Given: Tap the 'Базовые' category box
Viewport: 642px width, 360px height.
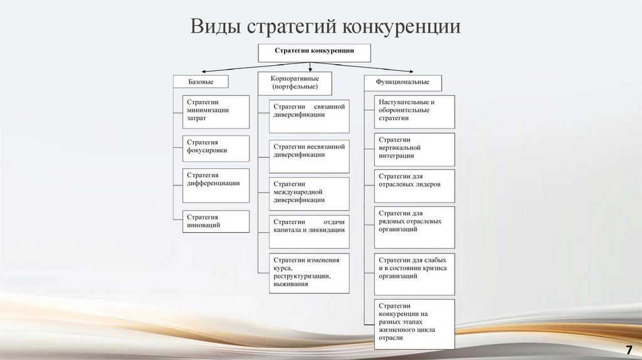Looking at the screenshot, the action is (x=201, y=82).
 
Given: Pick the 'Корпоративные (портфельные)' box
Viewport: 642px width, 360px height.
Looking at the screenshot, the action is (x=295, y=83).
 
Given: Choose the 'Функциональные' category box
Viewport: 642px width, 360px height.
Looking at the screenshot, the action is (x=403, y=82).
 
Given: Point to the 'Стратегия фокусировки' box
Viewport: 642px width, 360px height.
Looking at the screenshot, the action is (x=216, y=149).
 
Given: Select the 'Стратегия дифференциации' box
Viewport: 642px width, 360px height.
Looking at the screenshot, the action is (x=216, y=185).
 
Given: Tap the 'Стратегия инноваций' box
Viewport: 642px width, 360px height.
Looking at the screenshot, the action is (x=216, y=221).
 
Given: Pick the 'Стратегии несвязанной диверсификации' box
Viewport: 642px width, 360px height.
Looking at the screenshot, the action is (x=310, y=156).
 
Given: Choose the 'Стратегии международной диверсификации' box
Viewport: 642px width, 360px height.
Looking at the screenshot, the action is (x=310, y=194).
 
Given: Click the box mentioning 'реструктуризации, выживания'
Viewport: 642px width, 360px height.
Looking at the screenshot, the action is (x=310, y=273).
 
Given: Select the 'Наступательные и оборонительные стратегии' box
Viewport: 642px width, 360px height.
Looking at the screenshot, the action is (x=414, y=112).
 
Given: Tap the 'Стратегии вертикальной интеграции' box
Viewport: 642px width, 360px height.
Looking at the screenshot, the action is (x=414, y=149).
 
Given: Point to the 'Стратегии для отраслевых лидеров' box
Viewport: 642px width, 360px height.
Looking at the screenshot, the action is (x=414, y=186).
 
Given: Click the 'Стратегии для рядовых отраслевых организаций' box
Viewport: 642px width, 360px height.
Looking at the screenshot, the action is (x=414, y=227).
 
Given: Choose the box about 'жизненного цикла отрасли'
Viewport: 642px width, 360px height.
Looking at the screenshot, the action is (x=414, y=324).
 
